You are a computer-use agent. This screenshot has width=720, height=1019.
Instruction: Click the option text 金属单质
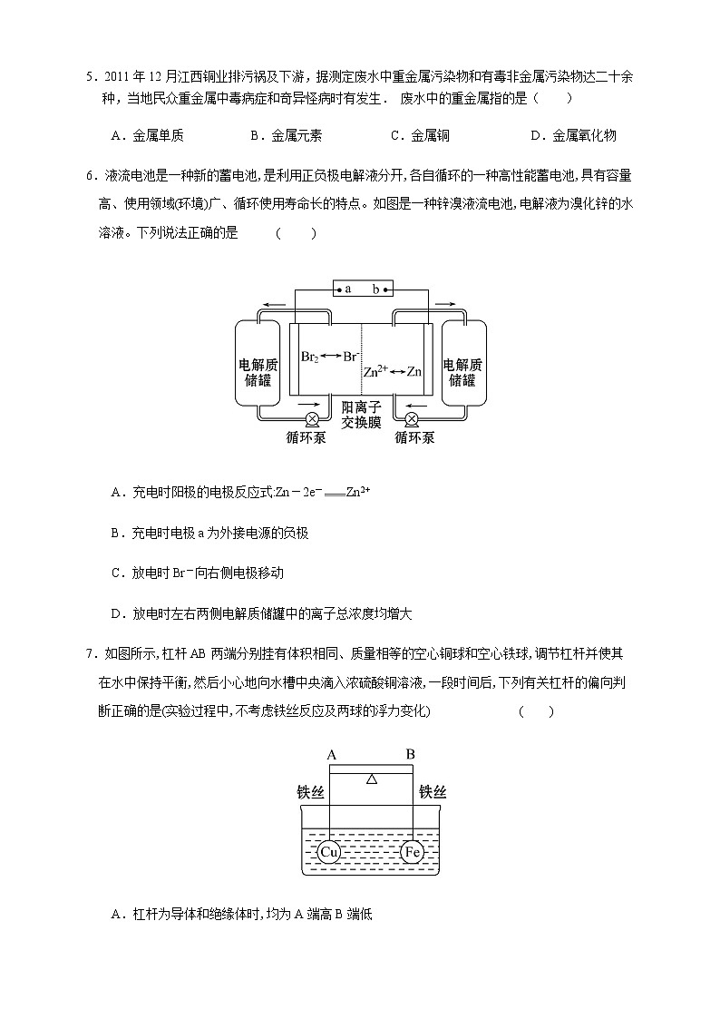(x=159, y=136)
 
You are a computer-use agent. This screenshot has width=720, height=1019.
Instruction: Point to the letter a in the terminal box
(x=347, y=289)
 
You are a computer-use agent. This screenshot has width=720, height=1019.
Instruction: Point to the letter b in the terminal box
(x=375, y=289)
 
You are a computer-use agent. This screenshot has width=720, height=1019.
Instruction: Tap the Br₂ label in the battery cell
(x=309, y=357)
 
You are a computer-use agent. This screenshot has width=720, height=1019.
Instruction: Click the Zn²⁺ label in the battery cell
(x=375, y=371)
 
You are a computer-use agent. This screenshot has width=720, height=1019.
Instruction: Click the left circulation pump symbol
(x=312, y=418)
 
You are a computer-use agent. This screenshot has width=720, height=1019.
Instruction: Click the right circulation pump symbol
(x=412, y=418)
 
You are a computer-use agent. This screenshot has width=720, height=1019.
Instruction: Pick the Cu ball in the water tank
(x=329, y=852)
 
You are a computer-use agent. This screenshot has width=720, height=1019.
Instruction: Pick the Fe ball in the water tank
(x=413, y=852)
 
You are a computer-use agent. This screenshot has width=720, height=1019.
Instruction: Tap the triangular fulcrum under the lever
(x=371, y=779)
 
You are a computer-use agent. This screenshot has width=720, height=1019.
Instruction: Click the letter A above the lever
(x=332, y=754)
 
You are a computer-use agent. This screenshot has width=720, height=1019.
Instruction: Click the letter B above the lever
(x=411, y=754)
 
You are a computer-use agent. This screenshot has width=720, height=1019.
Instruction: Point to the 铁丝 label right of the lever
(x=433, y=792)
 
